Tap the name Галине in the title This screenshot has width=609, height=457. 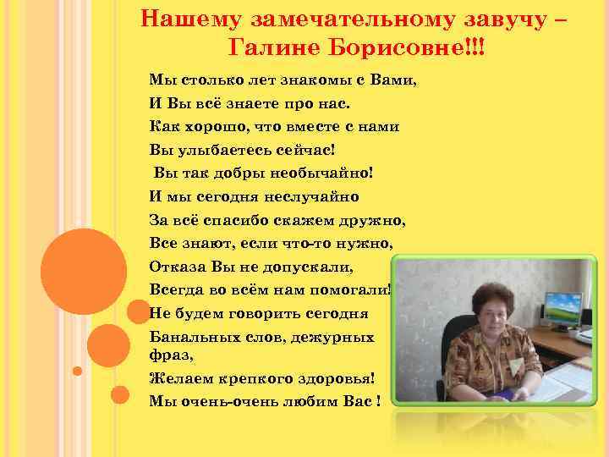pyautogui.click(x=270, y=47)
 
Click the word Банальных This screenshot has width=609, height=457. pyautogui.click(x=191, y=336)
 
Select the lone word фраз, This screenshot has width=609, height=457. pyautogui.click(x=168, y=355)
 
